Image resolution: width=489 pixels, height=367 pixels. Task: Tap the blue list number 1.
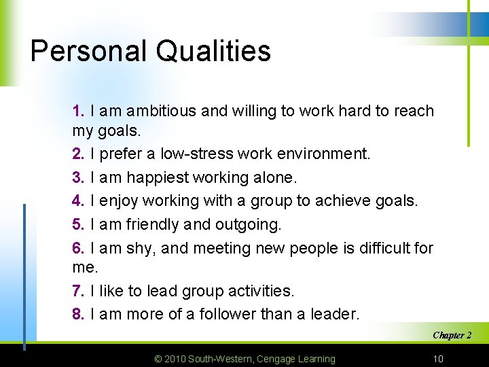(x=78, y=111)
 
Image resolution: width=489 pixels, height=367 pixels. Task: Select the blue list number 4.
(x=78, y=200)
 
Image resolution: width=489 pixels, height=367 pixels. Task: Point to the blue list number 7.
(x=78, y=291)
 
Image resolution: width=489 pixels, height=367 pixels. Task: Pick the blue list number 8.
(x=78, y=314)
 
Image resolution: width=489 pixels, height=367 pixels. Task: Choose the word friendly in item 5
(x=152, y=224)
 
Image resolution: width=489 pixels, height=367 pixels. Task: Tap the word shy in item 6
(x=141, y=249)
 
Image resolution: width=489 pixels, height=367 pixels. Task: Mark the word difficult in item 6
(x=377, y=248)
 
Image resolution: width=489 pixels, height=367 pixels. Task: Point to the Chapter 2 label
(x=452, y=335)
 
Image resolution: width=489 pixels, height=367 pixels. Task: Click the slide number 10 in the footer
(x=438, y=359)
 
